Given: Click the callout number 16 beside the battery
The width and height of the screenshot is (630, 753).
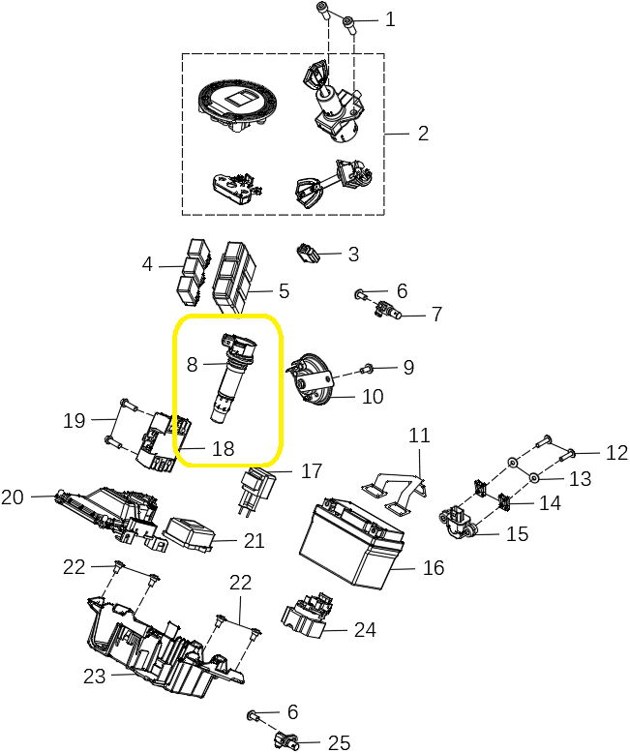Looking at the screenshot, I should (434, 567).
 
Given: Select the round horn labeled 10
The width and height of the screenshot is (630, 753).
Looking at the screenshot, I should (313, 383).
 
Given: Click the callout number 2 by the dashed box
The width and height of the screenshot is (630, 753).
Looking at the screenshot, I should (423, 133).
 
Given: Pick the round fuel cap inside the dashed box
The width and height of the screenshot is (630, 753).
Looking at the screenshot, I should (237, 105).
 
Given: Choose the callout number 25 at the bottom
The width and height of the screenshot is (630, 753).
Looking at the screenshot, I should (338, 742).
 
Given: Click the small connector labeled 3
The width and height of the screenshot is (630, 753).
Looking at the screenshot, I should (307, 254).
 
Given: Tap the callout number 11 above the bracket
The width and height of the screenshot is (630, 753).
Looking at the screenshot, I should (418, 437).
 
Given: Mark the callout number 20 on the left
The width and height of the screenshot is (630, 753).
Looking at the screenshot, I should (13, 497).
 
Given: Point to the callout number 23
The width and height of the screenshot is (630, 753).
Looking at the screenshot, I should (93, 677).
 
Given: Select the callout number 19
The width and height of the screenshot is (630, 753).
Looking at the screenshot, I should (75, 421).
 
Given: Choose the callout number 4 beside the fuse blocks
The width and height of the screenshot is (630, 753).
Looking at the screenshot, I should (147, 263).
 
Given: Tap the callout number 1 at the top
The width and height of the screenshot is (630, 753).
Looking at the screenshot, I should (390, 18).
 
